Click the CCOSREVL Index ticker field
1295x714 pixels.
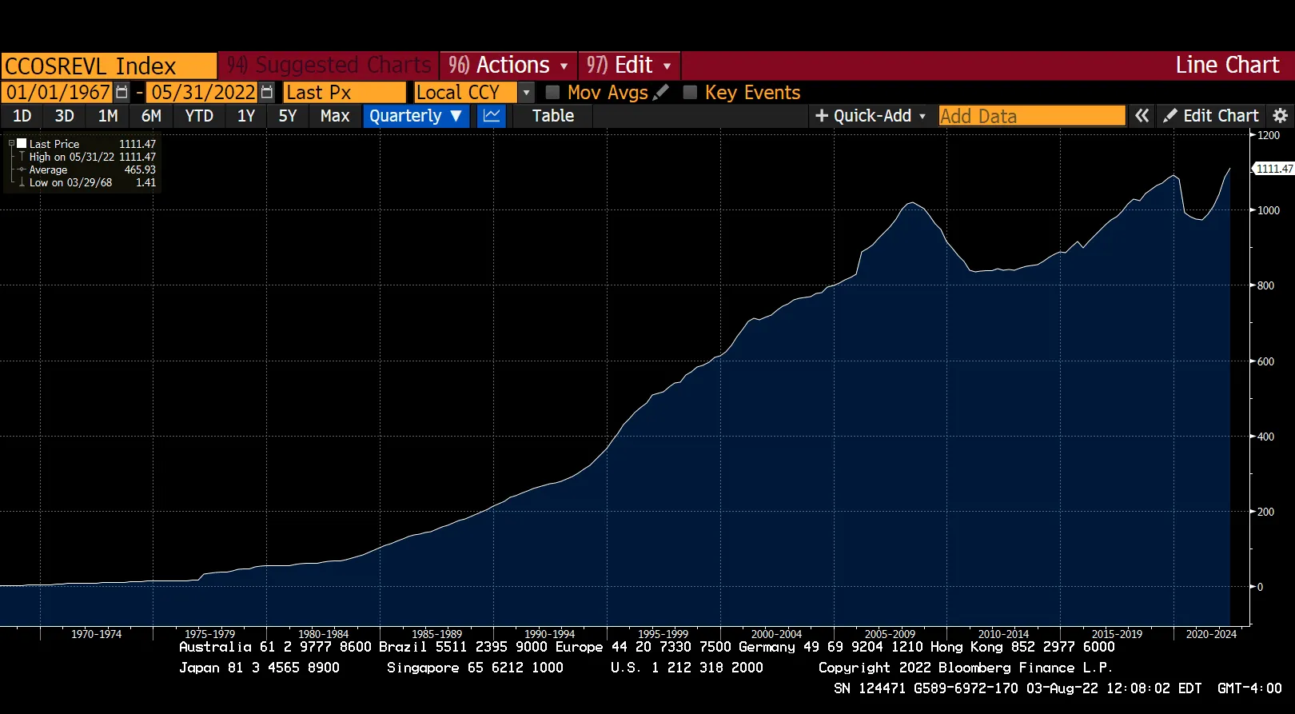[108, 66]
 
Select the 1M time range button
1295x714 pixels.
[108, 116]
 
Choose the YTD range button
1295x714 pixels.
[199, 116]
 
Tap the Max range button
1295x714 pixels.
[335, 116]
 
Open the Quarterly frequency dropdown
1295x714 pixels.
[416, 116]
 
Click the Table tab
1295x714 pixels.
[553, 116]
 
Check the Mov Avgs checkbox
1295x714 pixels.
[552, 92]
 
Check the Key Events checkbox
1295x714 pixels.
[690, 92]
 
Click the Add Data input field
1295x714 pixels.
[1031, 116]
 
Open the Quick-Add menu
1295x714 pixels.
[870, 116]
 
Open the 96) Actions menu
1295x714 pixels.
[508, 65]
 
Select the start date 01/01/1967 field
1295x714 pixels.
[58, 92]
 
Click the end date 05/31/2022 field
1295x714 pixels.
[203, 92]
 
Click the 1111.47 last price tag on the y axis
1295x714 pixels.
[1273, 169]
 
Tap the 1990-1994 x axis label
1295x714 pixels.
[549, 634]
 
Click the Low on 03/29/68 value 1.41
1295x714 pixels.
[145, 182]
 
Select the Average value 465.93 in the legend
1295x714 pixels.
[140, 170]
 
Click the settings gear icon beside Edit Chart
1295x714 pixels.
[1280, 116]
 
